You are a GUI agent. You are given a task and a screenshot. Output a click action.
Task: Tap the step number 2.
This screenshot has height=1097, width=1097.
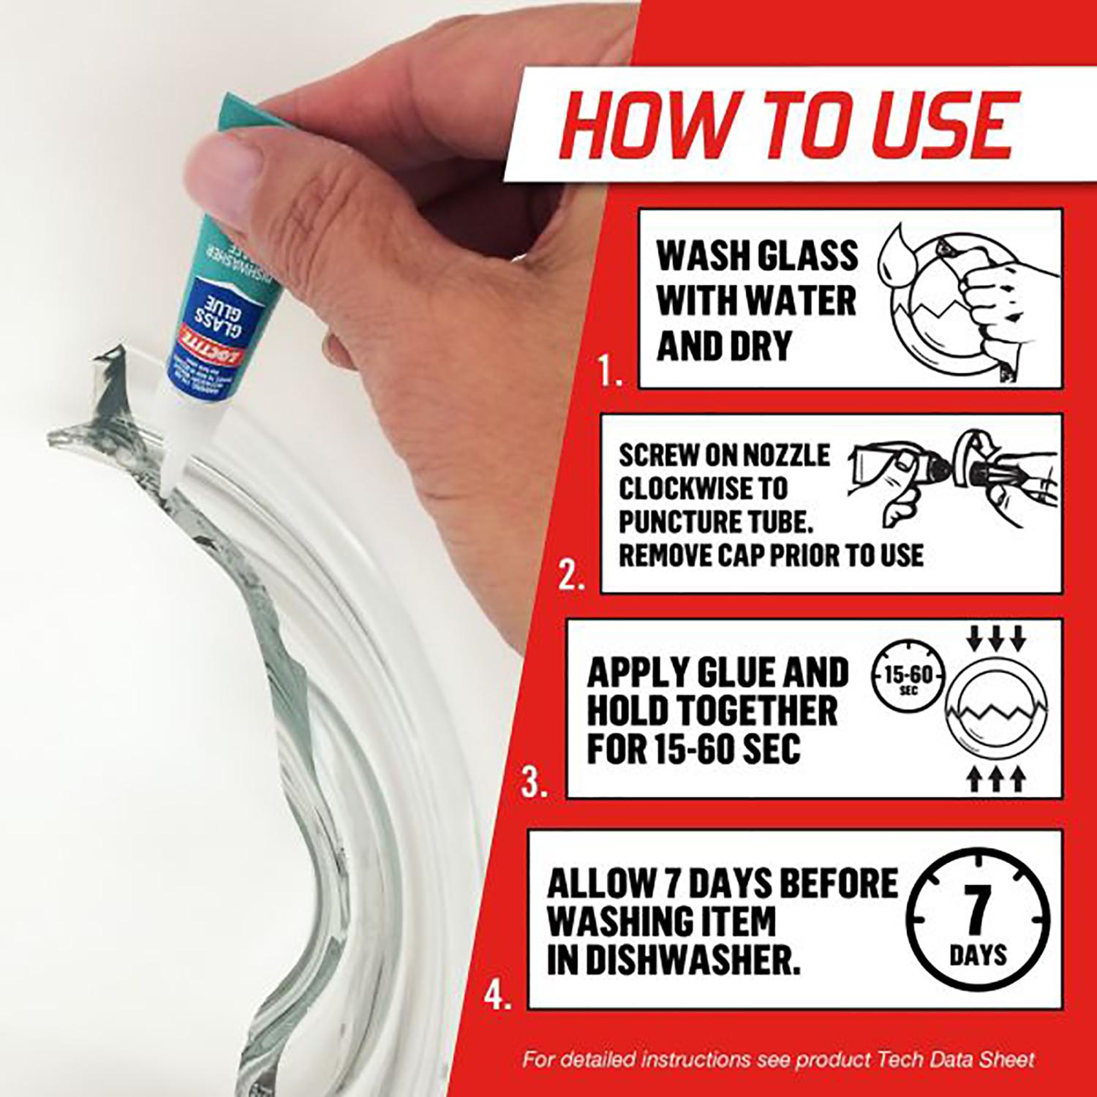tap(571, 578)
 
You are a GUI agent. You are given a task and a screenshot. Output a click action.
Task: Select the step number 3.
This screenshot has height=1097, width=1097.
tap(535, 783)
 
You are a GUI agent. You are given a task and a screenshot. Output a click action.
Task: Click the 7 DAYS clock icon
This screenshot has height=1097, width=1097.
tap(978, 919)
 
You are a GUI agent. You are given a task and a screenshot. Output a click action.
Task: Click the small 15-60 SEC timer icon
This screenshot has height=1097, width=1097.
tap(908, 676)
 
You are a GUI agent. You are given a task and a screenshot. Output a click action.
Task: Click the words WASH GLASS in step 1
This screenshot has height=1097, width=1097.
tap(757, 256)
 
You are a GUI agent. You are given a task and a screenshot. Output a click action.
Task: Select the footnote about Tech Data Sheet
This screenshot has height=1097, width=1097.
tap(778, 1059)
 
